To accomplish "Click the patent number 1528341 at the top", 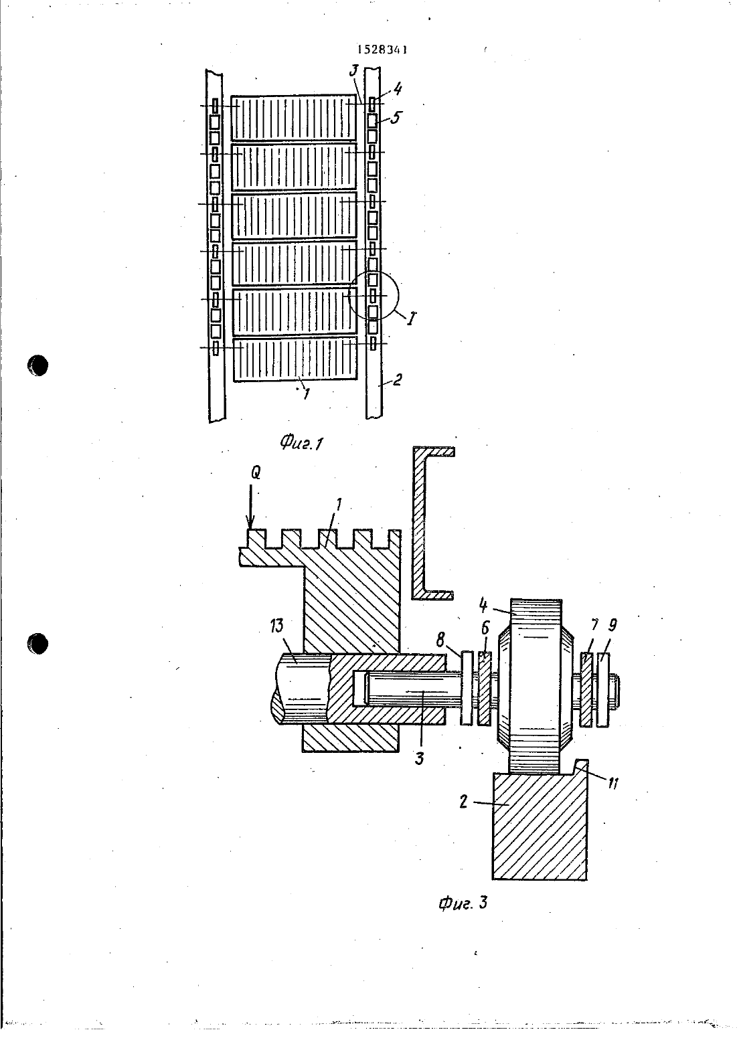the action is (382, 50).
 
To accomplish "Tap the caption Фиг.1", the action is (301, 442).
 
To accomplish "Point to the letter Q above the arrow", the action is (256, 473).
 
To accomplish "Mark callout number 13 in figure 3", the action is (276, 626).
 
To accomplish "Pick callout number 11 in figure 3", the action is (612, 784).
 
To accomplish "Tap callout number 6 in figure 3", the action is (485, 628).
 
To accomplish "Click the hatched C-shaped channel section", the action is (419, 523).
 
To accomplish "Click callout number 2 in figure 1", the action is (396, 380).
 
